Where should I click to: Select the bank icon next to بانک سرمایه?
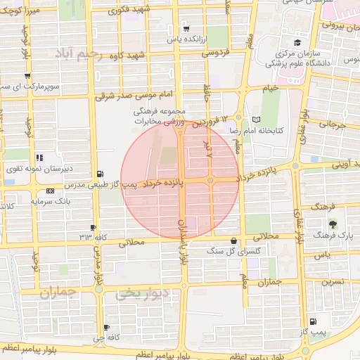(49, 191)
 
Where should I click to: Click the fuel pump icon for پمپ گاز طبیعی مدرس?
(101, 174)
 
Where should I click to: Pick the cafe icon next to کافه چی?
(106, 328)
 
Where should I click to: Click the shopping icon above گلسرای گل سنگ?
(233, 240)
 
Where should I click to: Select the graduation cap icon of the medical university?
(297, 43)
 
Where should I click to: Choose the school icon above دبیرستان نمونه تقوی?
(39, 158)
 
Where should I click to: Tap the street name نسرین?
(333, 281)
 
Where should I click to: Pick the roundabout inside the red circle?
(210, 181)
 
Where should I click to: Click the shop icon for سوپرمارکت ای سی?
(27, 76)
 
